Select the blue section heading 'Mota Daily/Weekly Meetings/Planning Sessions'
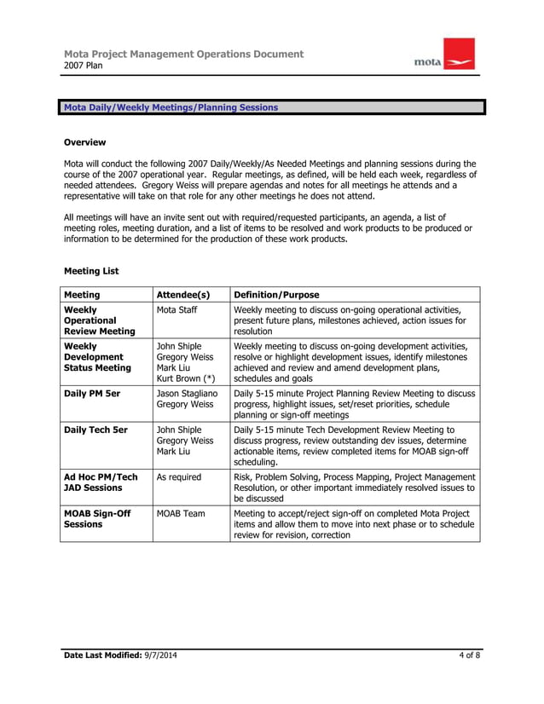click(171, 107)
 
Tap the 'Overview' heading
click(85, 142)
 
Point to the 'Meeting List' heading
click(91, 271)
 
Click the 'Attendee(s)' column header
click(183, 294)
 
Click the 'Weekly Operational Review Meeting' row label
click(99, 320)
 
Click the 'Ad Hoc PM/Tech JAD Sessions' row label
click(101, 483)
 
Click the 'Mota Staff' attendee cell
click(177, 309)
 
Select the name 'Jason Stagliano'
click(188, 394)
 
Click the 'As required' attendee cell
click(179, 477)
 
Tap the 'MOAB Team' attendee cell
click(181, 514)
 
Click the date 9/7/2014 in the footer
click(159, 655)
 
